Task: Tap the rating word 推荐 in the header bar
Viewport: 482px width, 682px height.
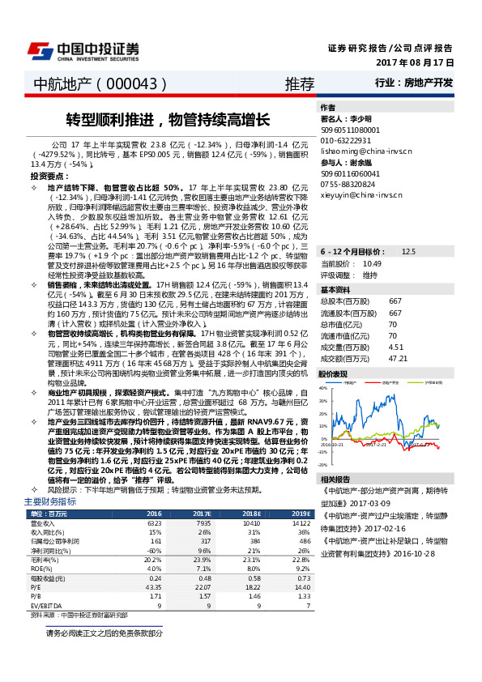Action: pos(299,83)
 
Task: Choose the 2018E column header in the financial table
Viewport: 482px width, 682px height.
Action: pos(251,514)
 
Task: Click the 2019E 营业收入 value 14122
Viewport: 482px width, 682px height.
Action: pos(301,523)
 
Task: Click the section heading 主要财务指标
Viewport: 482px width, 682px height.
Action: pos(51,503)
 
